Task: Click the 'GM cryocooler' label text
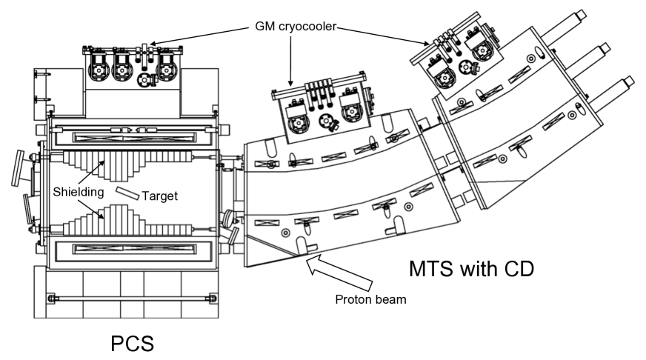point(296,27)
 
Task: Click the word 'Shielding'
point(79,192)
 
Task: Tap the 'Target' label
point(160,196)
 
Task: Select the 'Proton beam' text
point(370,299)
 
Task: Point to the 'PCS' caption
point(133,343)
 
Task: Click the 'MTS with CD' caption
point(471,269)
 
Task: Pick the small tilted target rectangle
point(127,193)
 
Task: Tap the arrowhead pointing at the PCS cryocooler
point(153,42)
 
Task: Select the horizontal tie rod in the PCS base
point(132,299)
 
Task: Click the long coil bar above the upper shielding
point(134,138)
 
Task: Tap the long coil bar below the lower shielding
point(134,249)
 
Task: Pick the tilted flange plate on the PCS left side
point(18,168)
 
